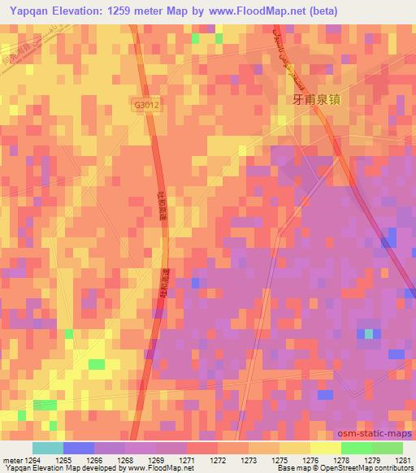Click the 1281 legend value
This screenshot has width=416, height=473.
click(403, 460)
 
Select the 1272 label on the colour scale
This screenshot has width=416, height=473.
click(218, 460)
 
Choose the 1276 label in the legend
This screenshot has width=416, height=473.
click(310, 460)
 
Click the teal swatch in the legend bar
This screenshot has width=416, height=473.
click(48, 448)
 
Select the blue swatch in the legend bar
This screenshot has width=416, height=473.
click(79, 448)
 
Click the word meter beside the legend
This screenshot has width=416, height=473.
click(11, 460)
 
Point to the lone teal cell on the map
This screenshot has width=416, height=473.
click(370, 333)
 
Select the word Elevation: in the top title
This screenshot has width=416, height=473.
click(79, 11)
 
